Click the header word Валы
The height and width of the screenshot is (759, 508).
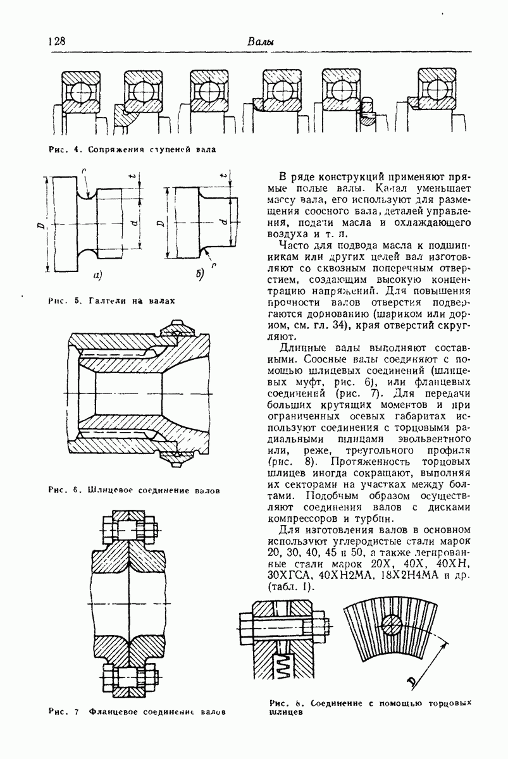point(260,42)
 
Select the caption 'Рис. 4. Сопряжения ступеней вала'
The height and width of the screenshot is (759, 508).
point(132,150)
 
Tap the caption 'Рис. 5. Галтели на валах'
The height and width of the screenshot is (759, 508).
point(111,301)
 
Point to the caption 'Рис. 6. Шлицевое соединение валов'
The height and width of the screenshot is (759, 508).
point(134,490)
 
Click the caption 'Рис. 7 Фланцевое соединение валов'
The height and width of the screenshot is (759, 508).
point(137,712)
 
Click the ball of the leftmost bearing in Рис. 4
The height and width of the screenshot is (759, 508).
point(80,93)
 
